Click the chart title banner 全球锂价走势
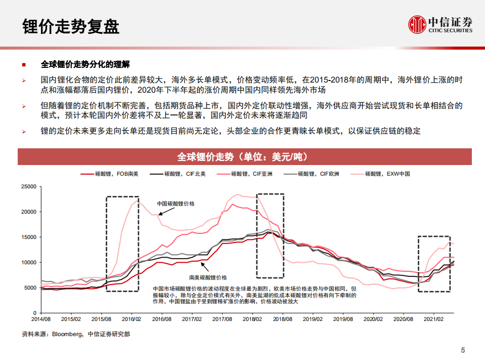242,156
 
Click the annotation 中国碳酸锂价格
175,204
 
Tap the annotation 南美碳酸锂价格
208,277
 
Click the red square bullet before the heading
24,65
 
